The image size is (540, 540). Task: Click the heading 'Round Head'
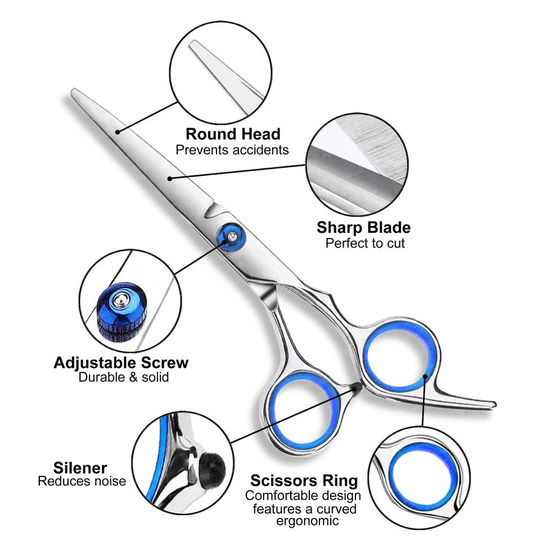point(233,134)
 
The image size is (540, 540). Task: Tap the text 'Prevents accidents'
point(232,150)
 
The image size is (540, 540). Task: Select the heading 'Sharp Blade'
point(363,228)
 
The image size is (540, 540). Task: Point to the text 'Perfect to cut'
point(365,243)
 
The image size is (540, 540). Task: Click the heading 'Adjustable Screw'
point(121,362)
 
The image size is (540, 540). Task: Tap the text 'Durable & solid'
point(123,377)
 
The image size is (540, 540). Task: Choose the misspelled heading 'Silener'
point(80,467)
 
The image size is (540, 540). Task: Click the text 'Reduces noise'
point(82,481)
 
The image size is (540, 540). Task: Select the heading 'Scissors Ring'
point(304,481)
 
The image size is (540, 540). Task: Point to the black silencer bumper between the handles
point(355,387)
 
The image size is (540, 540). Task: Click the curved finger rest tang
point(461,400)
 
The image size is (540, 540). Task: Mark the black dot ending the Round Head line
point(118,133)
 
